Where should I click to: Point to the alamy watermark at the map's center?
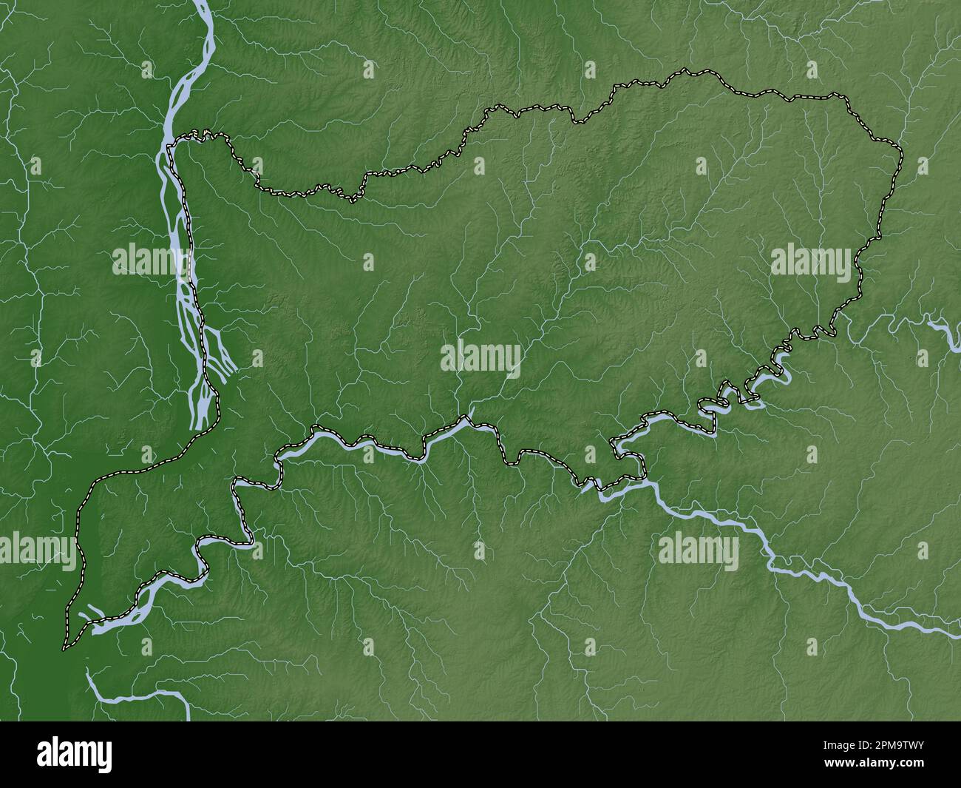coord(480,360)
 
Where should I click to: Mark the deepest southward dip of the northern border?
coord(353,199)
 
